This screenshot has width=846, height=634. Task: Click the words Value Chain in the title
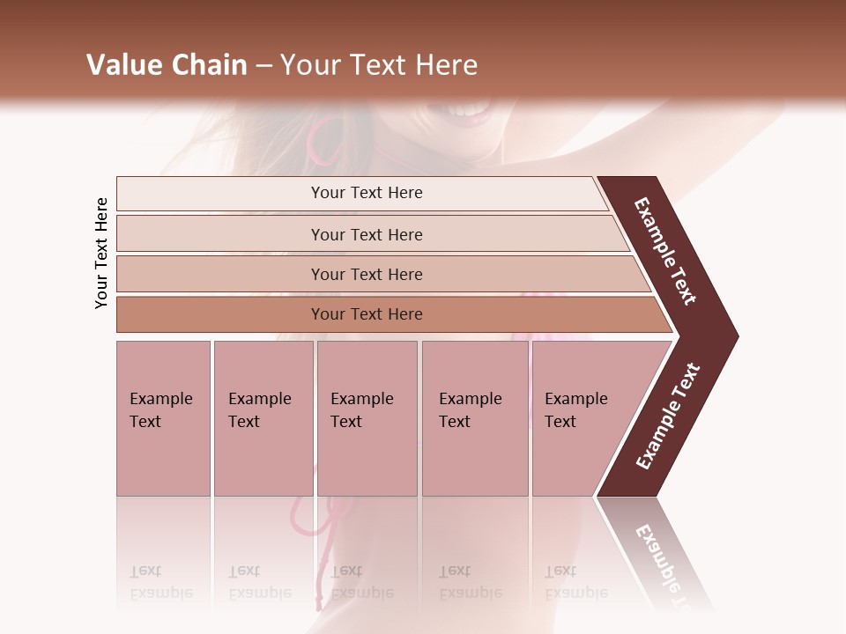click(167, 65)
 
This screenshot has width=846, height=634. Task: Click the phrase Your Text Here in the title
click(379, 65)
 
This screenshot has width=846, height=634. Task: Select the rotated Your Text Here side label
click(101, 253)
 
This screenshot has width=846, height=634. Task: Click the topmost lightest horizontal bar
click(361, 193)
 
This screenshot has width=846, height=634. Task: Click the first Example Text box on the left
click(163, 417)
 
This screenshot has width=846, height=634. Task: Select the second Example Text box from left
click(263, 417)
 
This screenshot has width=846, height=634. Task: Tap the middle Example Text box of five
click(367, 417)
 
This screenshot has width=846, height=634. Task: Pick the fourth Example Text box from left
click(474, 417)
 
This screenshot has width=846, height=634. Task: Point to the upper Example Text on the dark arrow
click(665, 251)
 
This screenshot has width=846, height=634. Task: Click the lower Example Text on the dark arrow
click(668, 416)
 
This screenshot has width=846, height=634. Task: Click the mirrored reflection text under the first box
click(160, 582)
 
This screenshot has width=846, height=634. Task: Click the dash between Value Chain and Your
click(263, 66)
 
